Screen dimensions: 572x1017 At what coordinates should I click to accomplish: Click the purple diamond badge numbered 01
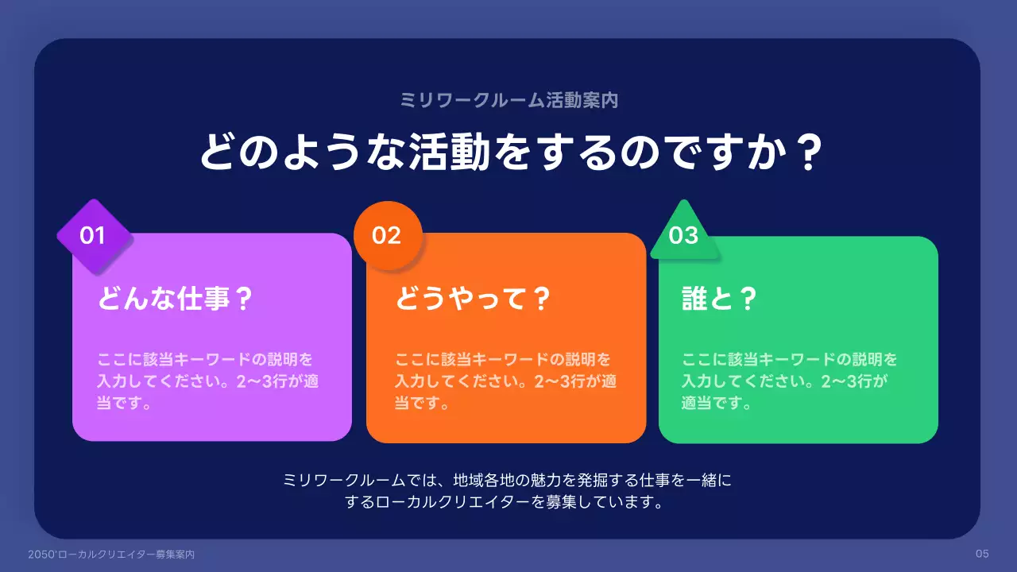(x=94, y=236)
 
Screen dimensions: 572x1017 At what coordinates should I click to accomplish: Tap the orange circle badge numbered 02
(x=387, y=236)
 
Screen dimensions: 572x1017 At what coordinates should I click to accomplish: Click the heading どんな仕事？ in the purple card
(x=175, y=300)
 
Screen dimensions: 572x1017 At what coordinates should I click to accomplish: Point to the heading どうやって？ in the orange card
(x=473, y=300)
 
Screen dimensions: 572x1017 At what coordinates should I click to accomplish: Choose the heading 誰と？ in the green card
(x=718, y=300)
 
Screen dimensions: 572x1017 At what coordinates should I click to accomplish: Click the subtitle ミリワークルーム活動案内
(x=508, y=100)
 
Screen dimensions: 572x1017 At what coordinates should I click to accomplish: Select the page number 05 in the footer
(x=982, y=554)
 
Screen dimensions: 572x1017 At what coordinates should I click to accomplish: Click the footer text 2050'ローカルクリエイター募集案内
(x=110, y=555)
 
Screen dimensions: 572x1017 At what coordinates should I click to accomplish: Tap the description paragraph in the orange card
(x=506, y=381)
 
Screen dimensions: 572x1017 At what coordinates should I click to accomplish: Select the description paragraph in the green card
(x=790, y=381)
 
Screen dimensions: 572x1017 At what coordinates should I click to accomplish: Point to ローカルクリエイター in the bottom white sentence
(x=455, y=502)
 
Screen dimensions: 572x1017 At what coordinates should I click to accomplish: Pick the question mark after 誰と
(x=746, y=300)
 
